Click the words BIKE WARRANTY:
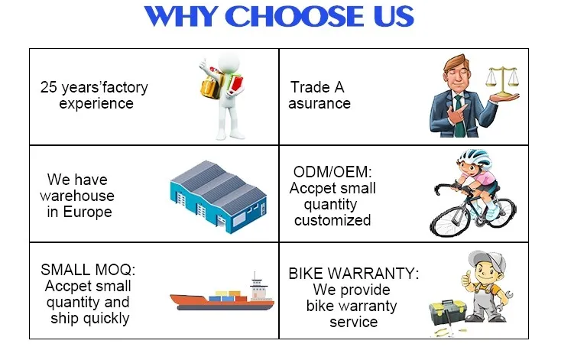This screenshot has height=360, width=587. coord(354,273)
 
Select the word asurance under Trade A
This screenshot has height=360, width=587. coord(319,104)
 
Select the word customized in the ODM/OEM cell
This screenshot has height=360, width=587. coord(332,220)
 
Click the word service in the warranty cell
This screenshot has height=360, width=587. coord(353,323)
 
